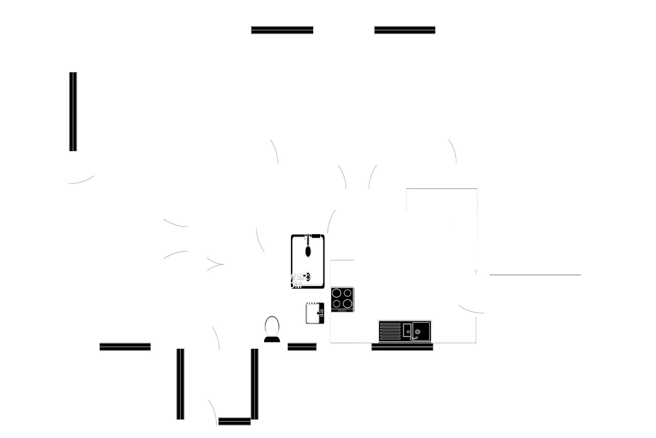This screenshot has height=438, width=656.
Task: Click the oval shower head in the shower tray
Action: click(308, 251)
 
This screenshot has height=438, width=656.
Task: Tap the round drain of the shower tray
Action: click(308, 277)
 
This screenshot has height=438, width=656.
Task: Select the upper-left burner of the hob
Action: click(336, 293)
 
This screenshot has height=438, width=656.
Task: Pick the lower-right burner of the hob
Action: click(348, 303)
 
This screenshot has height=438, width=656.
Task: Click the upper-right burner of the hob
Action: click(348, 293)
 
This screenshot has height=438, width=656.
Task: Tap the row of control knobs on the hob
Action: click(342, 311)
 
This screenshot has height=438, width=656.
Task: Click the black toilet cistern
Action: click(272, 339)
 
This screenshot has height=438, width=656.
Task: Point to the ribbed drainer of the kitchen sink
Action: click(390, 331)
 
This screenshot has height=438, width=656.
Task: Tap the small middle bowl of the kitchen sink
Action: click(407, 330)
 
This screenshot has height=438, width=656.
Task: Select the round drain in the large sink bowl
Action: click(417, 332)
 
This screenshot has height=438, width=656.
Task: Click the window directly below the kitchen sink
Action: click(402, 347)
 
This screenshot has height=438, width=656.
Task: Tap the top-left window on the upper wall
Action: click(282, 30)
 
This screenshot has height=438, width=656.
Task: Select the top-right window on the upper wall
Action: click(405, 30)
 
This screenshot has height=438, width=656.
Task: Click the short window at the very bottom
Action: click(234, 421)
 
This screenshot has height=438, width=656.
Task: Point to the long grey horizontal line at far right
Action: click(535, 275)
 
